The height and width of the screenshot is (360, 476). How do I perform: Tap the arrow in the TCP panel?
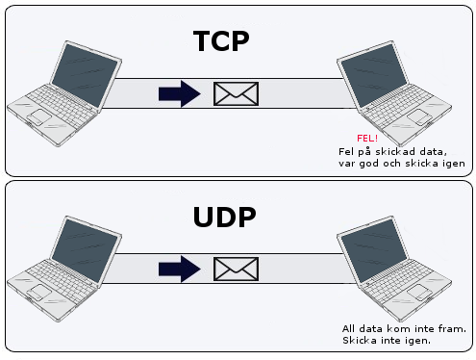pyautogui.click(x=180, y=93)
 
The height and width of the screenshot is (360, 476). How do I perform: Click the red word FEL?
pyautogui.click(x=365, y=139)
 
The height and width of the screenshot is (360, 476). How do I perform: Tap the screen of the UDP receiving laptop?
pyautogui.click(x=369, y=249)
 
